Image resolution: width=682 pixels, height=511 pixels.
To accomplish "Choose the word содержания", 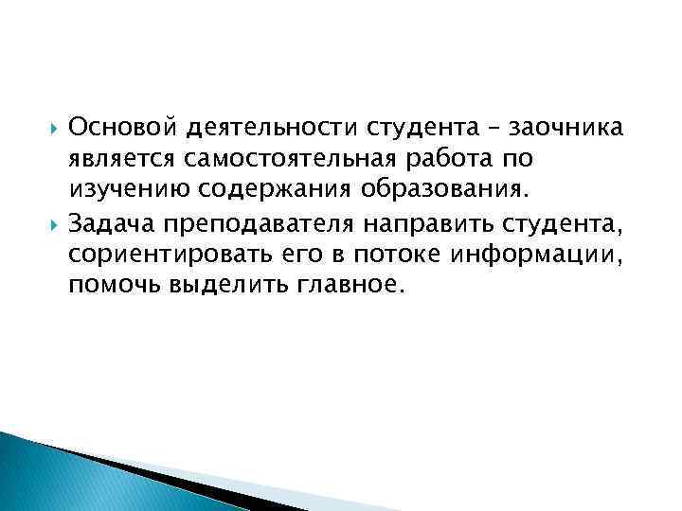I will (277, 186).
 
